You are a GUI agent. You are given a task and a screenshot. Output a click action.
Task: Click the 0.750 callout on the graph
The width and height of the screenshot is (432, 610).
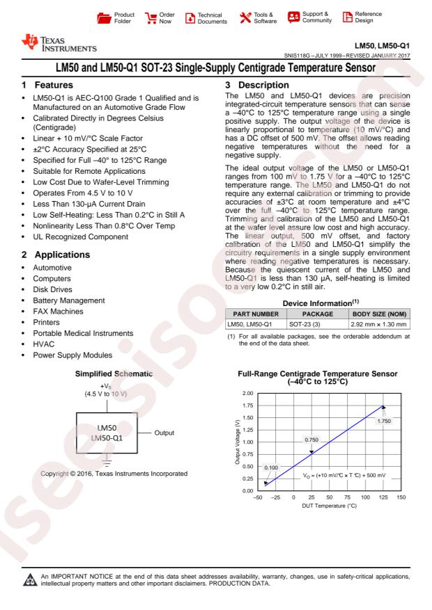(x=314, y=439)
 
